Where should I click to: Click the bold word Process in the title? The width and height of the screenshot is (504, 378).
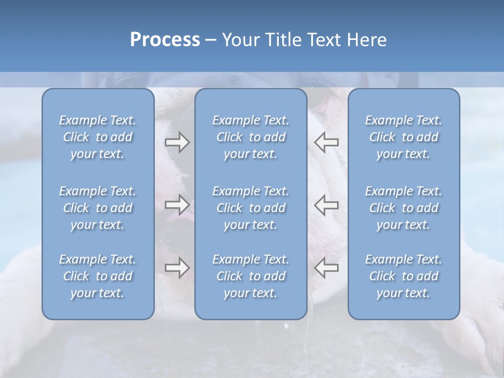coord(165,40)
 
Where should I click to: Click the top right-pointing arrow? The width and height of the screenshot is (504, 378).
coord(177,142)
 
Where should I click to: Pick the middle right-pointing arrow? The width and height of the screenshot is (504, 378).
coord(177,204)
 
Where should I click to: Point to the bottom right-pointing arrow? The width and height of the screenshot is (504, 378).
coord(177,267)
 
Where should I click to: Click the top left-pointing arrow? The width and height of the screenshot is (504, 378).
coord(327,142)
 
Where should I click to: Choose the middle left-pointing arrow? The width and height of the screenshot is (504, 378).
coord(327,204)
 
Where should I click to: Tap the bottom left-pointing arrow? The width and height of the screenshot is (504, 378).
coord(327,267)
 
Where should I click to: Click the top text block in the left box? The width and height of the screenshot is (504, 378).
coord(98,137)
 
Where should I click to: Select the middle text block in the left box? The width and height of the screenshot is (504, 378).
coord(98,208)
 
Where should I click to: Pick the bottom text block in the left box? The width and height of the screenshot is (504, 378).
coord(98,276)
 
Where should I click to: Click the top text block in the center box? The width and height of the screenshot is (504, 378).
coord(251,137)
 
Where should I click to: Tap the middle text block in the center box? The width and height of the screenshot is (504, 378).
coord(251,208)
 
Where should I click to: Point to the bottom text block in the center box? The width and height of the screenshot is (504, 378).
coord(251,276)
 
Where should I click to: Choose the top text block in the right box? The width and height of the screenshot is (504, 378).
coord(404,137)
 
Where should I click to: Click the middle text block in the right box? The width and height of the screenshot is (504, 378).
coord(404,208)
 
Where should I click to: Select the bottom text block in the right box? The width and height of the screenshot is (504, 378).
coord(404,276)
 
